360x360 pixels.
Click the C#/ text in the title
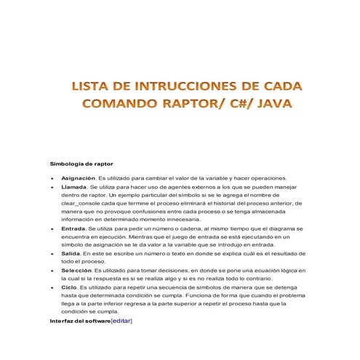pyautogui.click(x=246, y=105)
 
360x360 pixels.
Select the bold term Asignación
pyautogui.click(x=78, y=178)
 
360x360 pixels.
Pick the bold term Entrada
pyautogui.click(x=74, y=229)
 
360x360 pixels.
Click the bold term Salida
pyautogui.click(x=71, y=253)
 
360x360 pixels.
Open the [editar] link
pyautogui.click(x=121, y=320)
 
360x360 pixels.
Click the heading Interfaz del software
pyautogui.click(x=80, y=320)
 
